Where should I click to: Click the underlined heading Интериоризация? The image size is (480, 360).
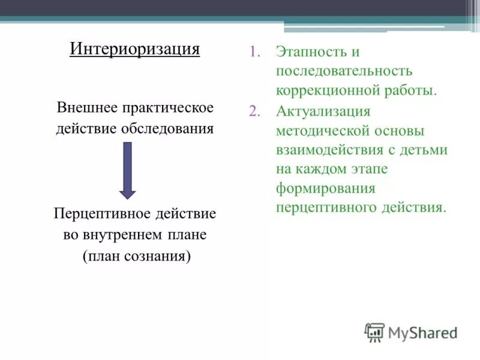click(x=134, y=48)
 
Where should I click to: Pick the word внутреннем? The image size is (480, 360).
click(x=124, y=235)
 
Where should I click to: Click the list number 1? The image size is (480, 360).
click(x=254, y=52)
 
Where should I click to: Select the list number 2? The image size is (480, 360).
click(x=254, y=111)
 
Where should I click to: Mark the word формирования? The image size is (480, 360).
click(x=326, y=188)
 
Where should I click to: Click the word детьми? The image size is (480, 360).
click(x=427, y=150)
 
